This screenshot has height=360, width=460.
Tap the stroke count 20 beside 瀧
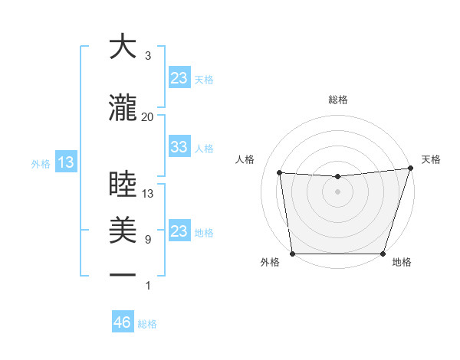(147, 116)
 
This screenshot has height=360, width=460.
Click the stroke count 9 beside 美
(147, 240)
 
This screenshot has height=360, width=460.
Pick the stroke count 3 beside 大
(147, 56)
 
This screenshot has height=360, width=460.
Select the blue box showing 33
(179, 147)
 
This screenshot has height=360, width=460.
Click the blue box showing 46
(123, 322)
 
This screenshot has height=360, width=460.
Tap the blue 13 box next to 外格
(65, 162)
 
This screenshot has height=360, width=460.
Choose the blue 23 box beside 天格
(179, 78)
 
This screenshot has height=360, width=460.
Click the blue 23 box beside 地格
(179, 231)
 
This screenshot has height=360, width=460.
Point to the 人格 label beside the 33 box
(204, 148)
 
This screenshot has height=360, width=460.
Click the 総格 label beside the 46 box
(147, 324)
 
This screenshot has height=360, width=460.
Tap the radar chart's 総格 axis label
(338, 100)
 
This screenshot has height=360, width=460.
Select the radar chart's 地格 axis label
(402, 262)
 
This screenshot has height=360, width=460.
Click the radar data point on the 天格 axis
(411, 168)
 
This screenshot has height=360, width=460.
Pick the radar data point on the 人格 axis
(280, 172)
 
